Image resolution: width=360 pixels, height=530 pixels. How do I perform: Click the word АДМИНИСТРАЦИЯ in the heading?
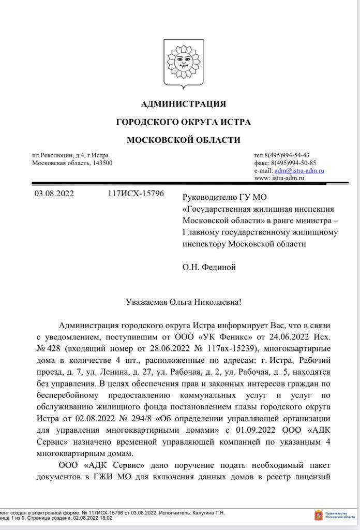coord(184,104)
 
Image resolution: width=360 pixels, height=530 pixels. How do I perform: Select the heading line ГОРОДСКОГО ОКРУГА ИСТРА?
coord(184,122)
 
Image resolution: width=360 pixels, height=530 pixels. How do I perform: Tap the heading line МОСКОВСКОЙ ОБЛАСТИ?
coord(184,140)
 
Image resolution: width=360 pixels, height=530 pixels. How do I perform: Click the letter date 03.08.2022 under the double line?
coord(54,194)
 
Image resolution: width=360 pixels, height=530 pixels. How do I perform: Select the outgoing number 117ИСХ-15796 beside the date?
coord(136,194)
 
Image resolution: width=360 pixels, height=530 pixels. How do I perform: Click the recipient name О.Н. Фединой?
coord(209,267)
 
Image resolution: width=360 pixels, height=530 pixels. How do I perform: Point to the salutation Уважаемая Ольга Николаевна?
coord(183,302)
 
